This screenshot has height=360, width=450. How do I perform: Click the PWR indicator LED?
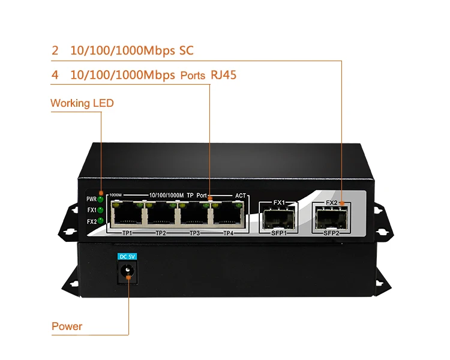click(x=101, y=199)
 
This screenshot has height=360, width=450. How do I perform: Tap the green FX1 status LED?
click(x=101, y=210)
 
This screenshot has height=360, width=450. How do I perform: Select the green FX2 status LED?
click(x=101, y=221)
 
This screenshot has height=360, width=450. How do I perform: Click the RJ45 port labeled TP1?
click(x=127, y=214)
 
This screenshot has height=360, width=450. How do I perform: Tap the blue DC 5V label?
click(x=128, y=256)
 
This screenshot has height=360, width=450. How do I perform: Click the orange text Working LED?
click(x=82, y=103)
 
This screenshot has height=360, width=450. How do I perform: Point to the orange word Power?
click(x=67, y=326)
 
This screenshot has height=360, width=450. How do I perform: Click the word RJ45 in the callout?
click(x=227, y=76)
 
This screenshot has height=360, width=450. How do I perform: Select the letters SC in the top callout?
click(x=187, y=50)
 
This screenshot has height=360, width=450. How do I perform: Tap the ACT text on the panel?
click(x=241, y=196)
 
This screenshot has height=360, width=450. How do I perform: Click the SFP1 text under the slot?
click(x=279, y=233)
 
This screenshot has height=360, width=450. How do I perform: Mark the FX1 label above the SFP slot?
click(x=279, y=203)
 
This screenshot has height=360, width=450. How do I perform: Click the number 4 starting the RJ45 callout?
click(x=55, y=76)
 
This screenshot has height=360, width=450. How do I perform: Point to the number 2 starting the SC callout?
click(x=55, y=50)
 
